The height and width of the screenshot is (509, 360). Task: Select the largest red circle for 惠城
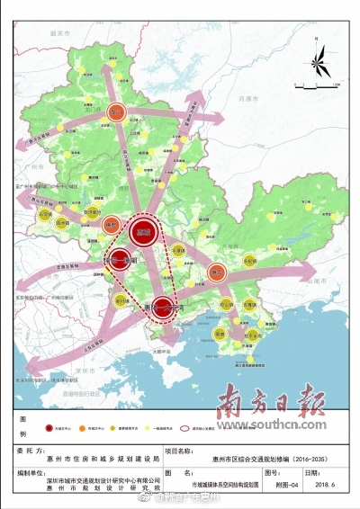click(141, 233)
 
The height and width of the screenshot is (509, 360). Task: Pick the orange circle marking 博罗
click(111, 224)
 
